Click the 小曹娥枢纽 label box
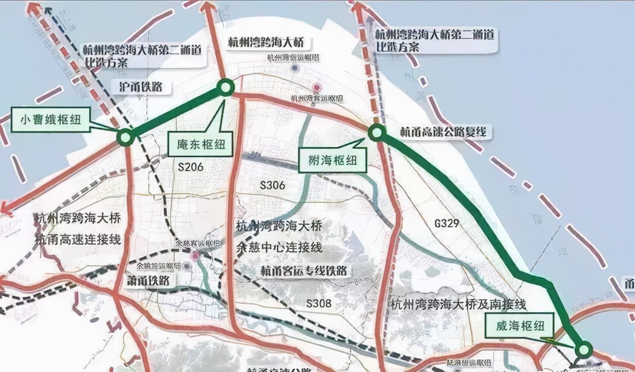coord(50,120)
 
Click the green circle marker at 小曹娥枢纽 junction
coord(125,137)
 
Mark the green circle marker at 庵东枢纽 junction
coord(226,87)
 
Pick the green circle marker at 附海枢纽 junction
coord(377,132)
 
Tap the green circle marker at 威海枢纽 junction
coord(584,349)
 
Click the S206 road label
coord(187,166)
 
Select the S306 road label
coord(273,185)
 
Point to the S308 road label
coord(319,303)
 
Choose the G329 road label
coord(446,223)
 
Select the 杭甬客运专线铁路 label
coord(304,271)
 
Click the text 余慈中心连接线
coord(279,247)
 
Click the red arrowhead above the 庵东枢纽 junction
coord(210,7)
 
